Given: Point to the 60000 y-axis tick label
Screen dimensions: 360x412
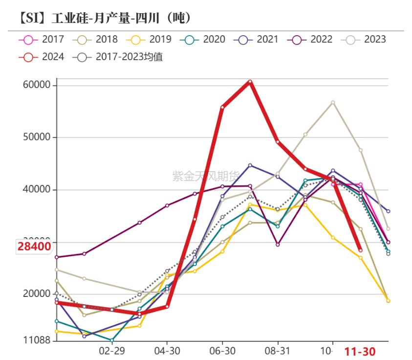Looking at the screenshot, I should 37,85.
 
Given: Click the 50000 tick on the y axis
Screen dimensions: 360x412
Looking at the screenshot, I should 37,137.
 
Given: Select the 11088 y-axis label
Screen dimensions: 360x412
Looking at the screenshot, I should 37,340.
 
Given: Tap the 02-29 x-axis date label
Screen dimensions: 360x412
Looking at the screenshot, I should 112,351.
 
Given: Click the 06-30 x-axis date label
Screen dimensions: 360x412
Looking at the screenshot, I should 222,351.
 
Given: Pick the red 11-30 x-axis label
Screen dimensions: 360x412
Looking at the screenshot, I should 360,351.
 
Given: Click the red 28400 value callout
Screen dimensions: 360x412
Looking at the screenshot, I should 34,247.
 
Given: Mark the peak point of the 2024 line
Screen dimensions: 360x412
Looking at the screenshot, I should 250,82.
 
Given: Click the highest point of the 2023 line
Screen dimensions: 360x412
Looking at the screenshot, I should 333,103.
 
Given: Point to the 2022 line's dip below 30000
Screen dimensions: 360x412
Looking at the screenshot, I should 278,245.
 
